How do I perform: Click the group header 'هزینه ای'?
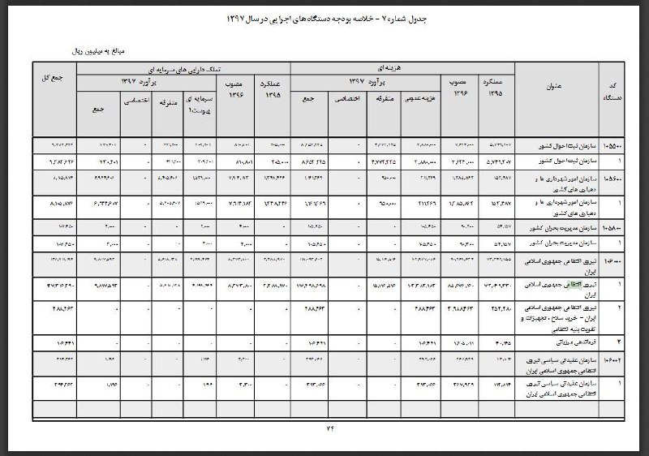(x=390, y=67)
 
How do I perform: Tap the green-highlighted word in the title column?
(x=569, y=284)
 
